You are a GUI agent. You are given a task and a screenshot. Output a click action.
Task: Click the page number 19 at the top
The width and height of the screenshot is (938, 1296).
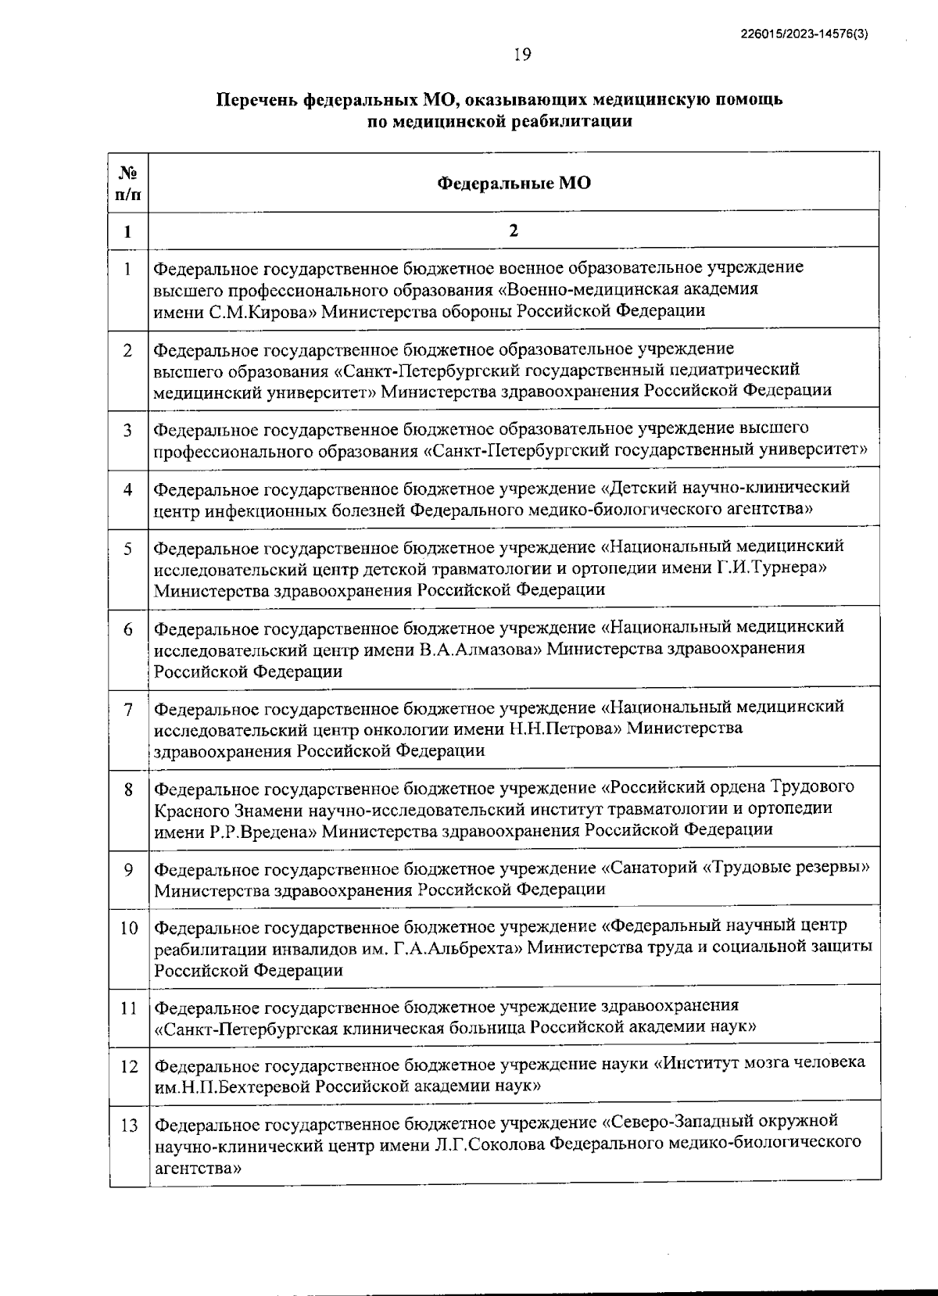(522, 53)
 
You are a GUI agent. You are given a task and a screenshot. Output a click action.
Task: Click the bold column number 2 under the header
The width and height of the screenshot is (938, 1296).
(514, 231)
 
